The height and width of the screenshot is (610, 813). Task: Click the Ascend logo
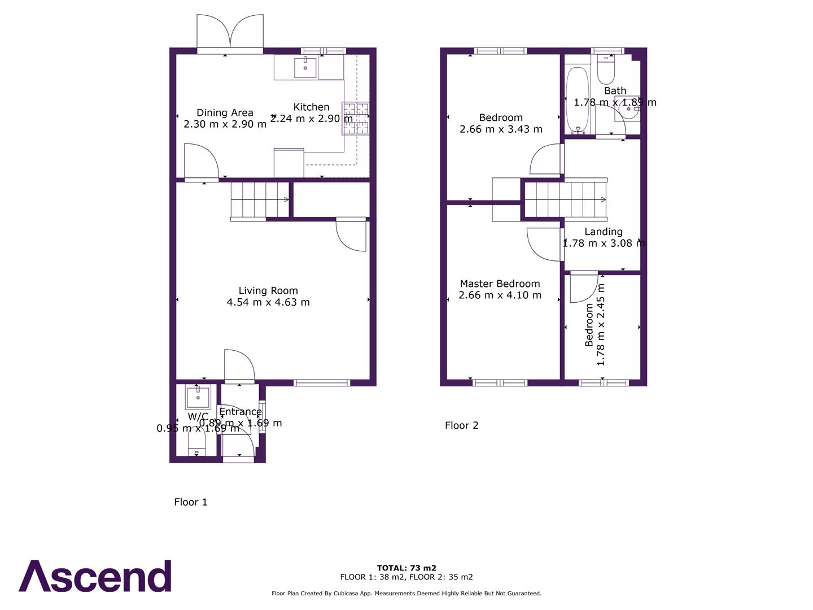(x=95, y=576)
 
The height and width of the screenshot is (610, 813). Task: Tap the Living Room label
(x=268, y=291)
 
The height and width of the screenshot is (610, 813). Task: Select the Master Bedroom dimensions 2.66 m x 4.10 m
(x=500, y=295)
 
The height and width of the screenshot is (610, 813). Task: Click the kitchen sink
(x=305, y=67)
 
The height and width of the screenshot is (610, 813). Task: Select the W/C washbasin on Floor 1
(x=198, y=397)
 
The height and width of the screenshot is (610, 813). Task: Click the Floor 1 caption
(x=191, y=502)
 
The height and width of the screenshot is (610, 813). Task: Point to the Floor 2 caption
(x=461, y=425)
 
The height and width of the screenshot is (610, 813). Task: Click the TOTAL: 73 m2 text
(x=406, y=568)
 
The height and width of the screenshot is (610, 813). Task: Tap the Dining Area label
(x=225, y=113)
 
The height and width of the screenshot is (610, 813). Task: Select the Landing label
(x=604, y=232)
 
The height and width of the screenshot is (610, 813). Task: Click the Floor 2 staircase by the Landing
(x=565, y=199)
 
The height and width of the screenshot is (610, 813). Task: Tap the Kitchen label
(x=311, y=107)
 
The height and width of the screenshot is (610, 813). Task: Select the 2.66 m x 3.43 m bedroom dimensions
(x=501, y=129)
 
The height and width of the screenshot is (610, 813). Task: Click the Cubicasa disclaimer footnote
(x=406, y=594)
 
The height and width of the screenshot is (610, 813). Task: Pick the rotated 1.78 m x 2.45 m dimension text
(x=601, y=332)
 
